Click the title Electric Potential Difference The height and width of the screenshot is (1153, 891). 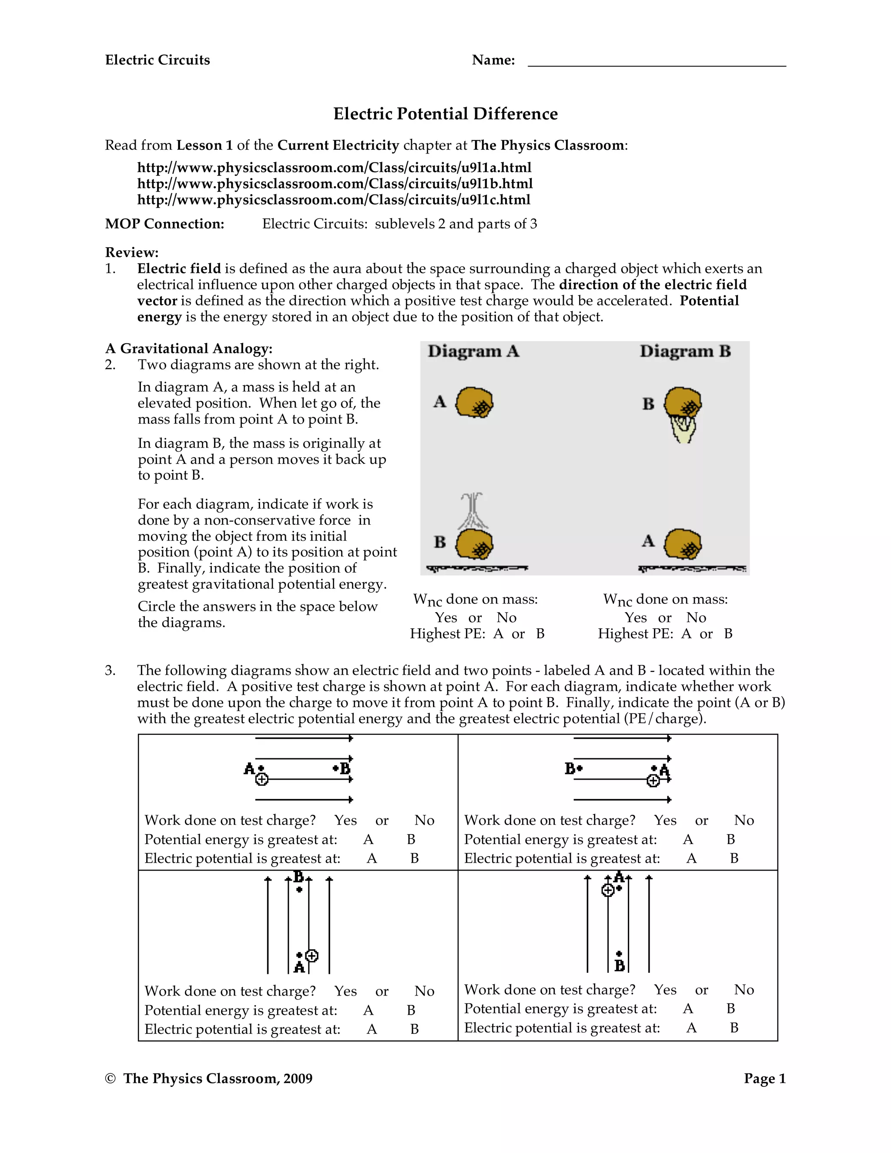coord(445,114)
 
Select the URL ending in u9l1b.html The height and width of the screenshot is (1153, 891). coord(335,184)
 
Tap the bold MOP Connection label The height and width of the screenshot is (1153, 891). coord(165,224)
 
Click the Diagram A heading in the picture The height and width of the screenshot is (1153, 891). coord(473,351)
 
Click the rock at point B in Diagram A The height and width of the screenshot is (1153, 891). coord(474,544)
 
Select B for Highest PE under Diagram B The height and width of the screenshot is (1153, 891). coord(728,633)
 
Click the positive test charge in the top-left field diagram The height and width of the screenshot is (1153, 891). coord(262,779)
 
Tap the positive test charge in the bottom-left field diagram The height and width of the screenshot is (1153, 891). coord(312,955)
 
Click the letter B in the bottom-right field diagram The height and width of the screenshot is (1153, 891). coord(620,965)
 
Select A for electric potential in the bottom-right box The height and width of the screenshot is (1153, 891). coord(691,1027)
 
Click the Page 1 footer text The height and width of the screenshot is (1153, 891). coord(764,1078)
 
